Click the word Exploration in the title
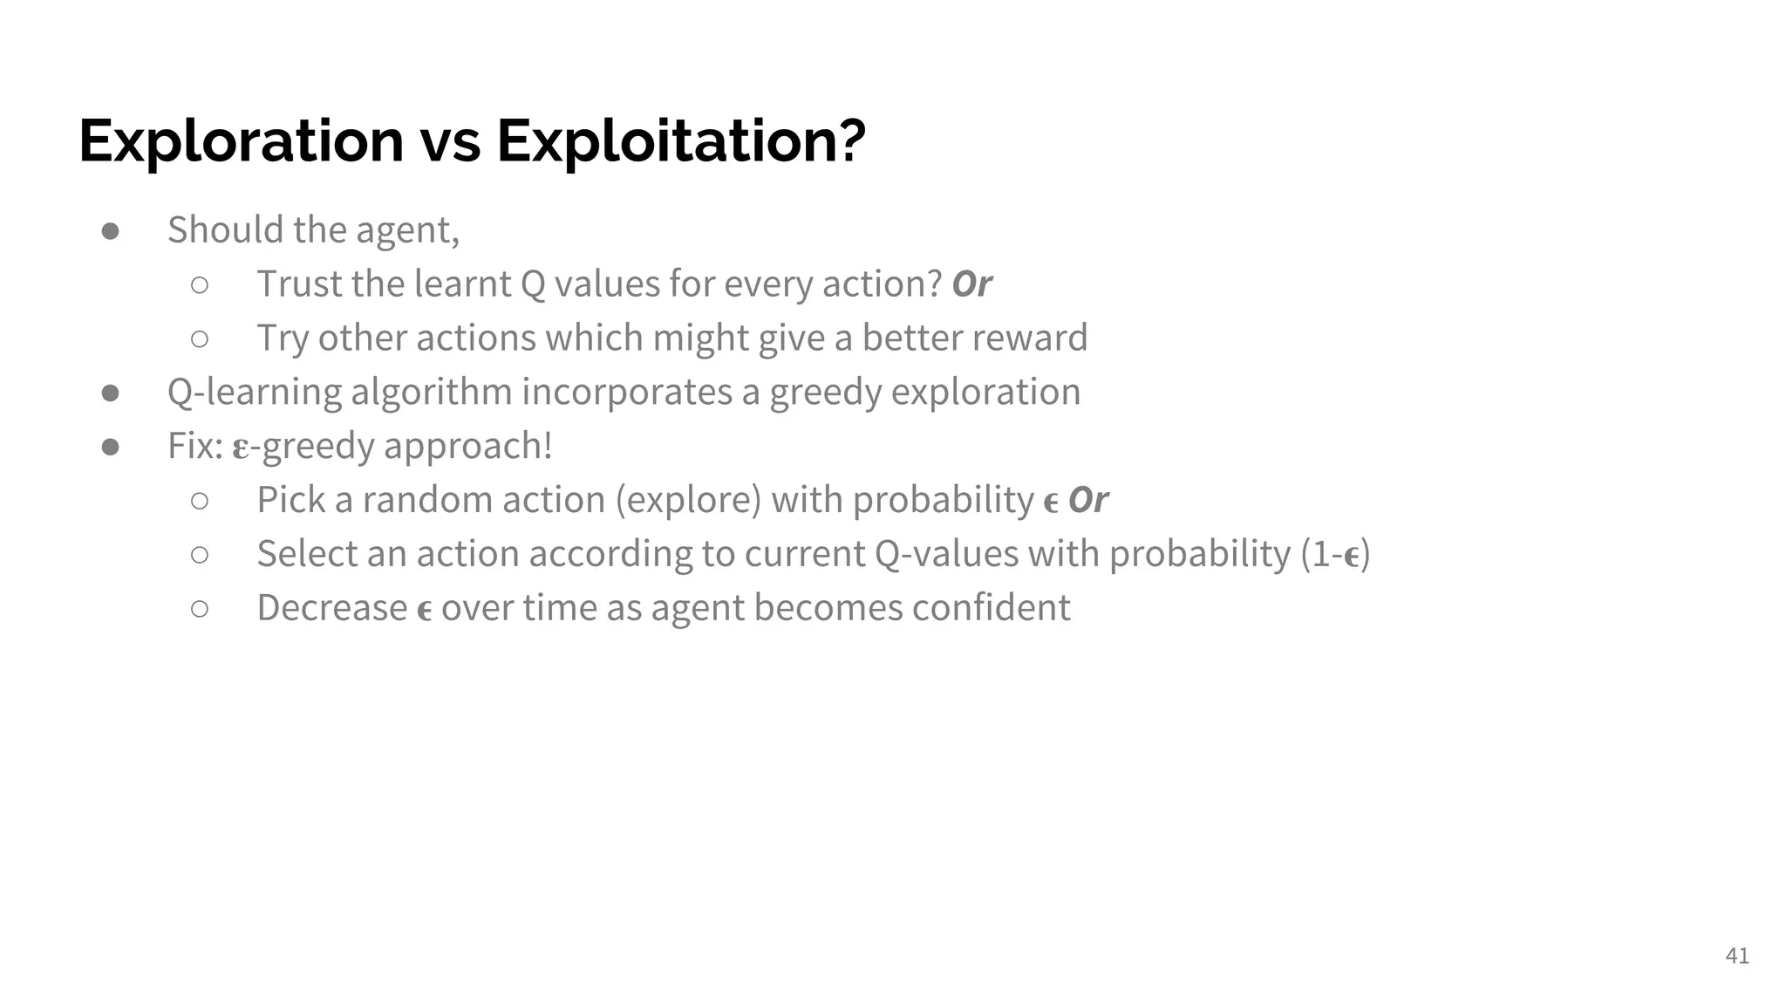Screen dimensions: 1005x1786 click(x=241, y=140)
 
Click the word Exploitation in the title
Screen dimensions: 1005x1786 click(x=681, y=140)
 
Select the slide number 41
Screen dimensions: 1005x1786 click(x=1736, y=956)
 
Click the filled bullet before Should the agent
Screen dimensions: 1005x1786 click(x=111, y=231)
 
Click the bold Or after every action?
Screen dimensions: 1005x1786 click(x=971, y=284)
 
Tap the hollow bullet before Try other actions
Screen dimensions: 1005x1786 click(x=200, y=338)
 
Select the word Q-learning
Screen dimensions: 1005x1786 click(x=255, y=393)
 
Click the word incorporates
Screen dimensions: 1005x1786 click(x=626, y=393)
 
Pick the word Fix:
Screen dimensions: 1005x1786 click(x=195, y=446)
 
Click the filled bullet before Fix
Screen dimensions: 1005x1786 click(x=111, y=447)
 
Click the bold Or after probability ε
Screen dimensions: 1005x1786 click(x=1087, y=501)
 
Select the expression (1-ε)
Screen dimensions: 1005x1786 click(x=1335, y=555)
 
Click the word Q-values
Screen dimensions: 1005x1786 click(x=945, y=555)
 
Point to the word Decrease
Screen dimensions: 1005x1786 click(x=331, y=608)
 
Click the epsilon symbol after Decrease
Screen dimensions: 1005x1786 click(x=425, y=611)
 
